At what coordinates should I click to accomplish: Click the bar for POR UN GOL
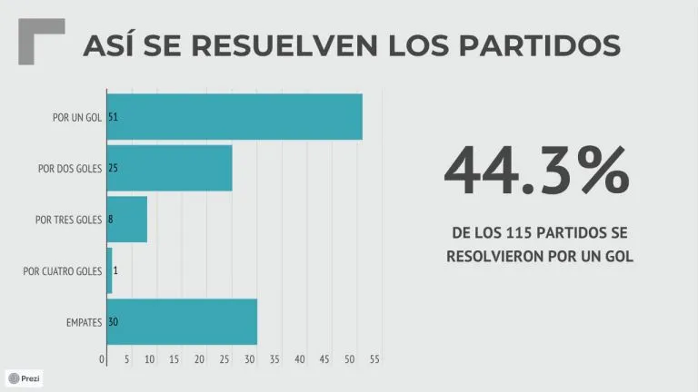pos(234,117)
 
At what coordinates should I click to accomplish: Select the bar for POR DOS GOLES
pos(170,168)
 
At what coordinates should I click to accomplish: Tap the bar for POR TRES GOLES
pos(127,219)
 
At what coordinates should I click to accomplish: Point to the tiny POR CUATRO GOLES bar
pos(109,270)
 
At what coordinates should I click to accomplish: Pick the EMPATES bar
pos(182,321)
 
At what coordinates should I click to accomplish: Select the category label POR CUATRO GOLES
pos(63,270)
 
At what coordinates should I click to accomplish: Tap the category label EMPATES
pos(84,322)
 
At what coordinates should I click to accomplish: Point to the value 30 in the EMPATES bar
pos(113,322)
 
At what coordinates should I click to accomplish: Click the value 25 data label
pos(113,169)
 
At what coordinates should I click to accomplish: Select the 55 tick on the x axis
pos(374,359)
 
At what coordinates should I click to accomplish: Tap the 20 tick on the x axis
pos(200,359)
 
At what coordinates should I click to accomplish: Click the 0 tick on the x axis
pos(102,359)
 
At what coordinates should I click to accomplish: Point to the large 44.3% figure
pos(537,171)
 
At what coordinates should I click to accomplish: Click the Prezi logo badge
pos(25,377)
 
